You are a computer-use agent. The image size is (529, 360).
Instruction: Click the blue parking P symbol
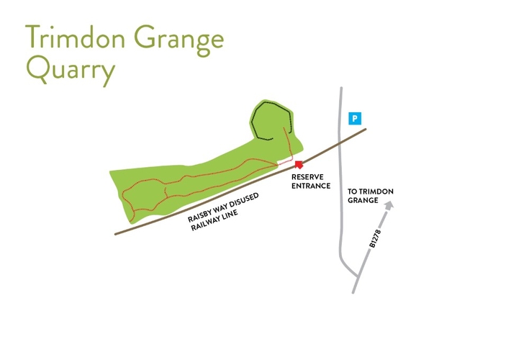coord(354,118)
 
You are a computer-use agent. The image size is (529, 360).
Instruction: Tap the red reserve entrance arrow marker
coord(299,166)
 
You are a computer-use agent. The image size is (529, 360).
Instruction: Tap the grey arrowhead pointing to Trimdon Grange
coord(389,206)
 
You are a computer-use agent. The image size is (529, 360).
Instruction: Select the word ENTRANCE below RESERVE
coord(311,186)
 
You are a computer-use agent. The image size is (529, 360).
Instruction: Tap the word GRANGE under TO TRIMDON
coord(363,201)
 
